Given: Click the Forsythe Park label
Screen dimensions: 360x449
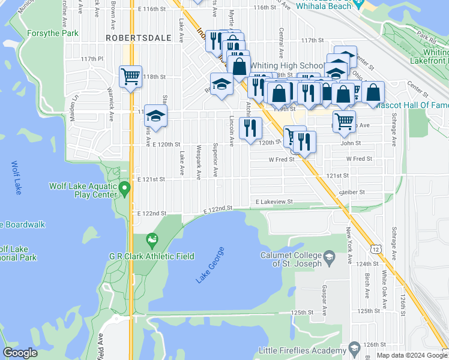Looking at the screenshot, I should (x=52, y=33).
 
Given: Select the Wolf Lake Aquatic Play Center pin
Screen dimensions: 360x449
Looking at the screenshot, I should (x=124, y=189).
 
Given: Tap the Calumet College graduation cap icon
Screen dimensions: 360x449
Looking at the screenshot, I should (x=329, y=258).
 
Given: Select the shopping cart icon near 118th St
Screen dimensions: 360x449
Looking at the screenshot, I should (x=130, y=77).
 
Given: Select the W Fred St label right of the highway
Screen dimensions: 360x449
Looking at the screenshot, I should (x=360, y=159).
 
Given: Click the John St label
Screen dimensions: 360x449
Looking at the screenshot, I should (x=351, y=143).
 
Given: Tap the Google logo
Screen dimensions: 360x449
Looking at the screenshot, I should (x=20, y=353).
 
